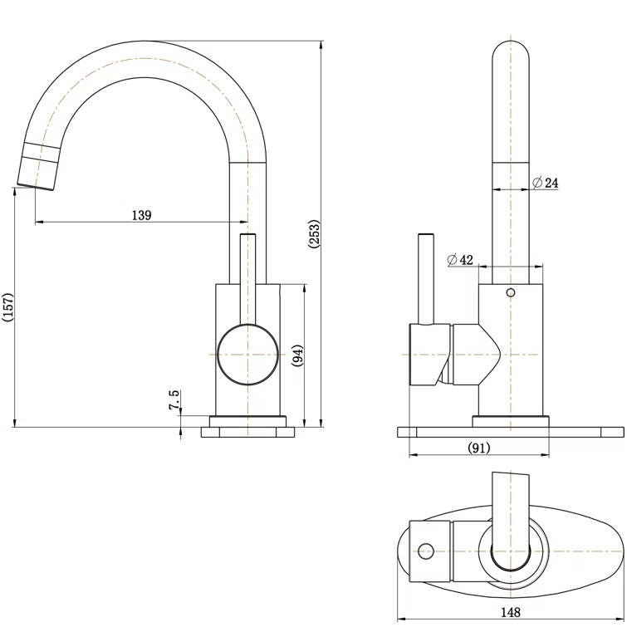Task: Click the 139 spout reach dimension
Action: click(141, 215)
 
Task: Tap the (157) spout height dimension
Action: click(8, 309)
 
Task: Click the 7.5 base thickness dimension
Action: click(174, 400)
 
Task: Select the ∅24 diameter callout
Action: click(545, 182)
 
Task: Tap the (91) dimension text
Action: click(479, 448)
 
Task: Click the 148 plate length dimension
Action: click(511, 612)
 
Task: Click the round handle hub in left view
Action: click(247, 355)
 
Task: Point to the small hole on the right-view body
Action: click(511, 293)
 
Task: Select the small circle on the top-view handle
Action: click(427, 551)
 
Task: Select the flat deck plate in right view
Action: click(511, 431)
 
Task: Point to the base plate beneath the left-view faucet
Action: click(247, 432)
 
